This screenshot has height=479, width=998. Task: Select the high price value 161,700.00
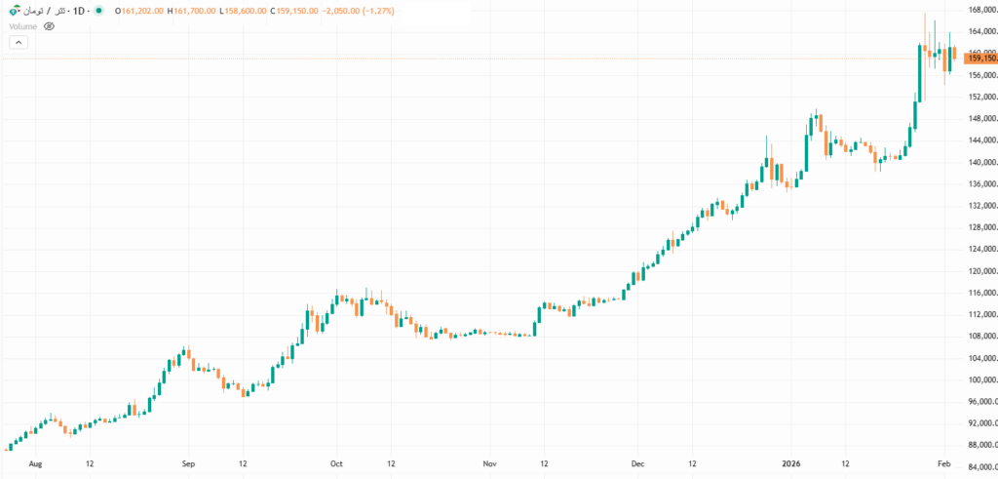(x=193, y=11)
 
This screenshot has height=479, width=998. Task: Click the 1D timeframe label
(x=80, y=11)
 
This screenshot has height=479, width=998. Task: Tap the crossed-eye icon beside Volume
(x=49, y=26)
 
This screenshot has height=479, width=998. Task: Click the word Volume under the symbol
(x=22, y=26)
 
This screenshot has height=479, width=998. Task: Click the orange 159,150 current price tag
(x=979, y=59)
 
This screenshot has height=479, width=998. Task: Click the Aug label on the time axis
(x=37, y=464)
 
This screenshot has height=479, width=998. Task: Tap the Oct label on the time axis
(x=336, y=464)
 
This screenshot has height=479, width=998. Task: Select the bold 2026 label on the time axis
(x=792, y=464)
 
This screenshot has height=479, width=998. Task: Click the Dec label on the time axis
(x=637, y=464)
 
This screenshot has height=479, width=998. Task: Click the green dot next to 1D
(x=98, y=11)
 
